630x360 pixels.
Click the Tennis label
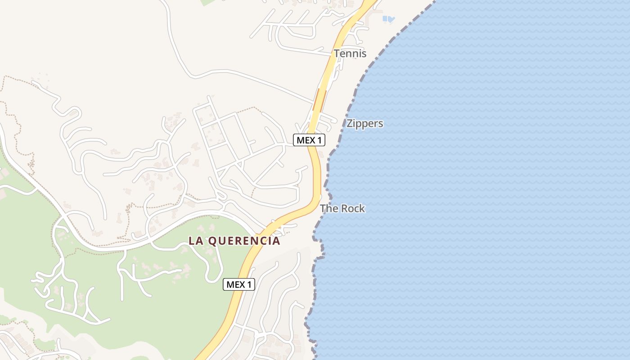(x=350, y=54)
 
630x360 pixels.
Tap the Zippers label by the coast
(x=364, y=123)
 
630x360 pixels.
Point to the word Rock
(x=353, y=209)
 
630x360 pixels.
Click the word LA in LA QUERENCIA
(x=196, y=241)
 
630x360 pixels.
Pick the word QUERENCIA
(x=244, y=241)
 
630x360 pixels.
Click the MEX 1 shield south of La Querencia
(x=239, y=284)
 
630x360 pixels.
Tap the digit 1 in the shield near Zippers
(x=319, y=140)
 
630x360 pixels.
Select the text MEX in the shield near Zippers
(x=306, y=140)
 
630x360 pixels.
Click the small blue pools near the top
(x=388, y=19)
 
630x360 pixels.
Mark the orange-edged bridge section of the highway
(x=320, y=100)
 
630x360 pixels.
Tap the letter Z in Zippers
(x=350, y=123)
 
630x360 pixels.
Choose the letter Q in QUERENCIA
(x=211, y=241)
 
